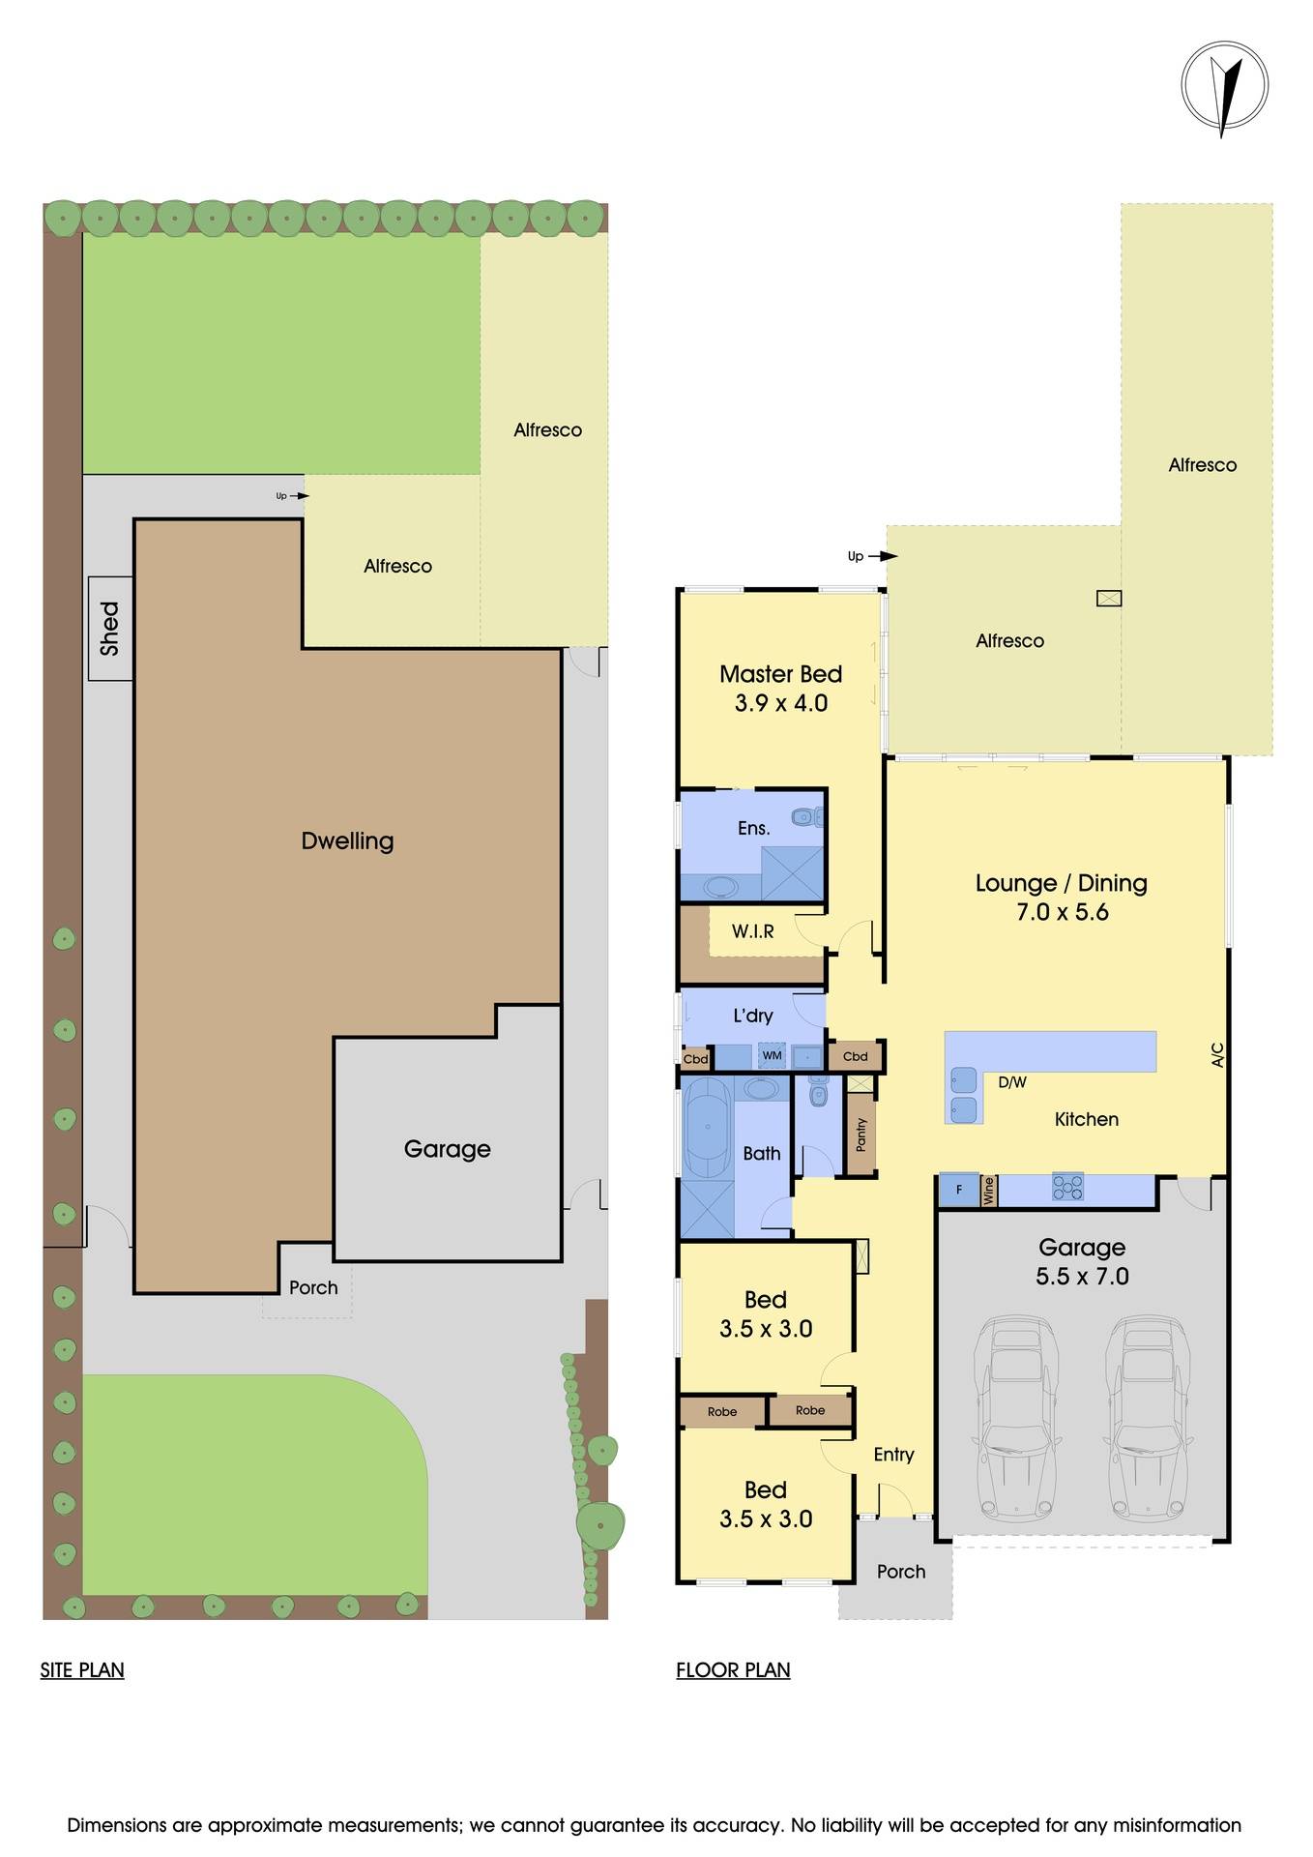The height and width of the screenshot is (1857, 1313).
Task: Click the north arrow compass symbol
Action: pos(1224,87)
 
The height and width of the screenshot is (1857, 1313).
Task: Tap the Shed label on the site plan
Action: pos(110,628)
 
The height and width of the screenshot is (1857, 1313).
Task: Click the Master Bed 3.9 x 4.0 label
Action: pos(780,688)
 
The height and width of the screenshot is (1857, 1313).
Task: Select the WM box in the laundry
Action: pos(772,1055)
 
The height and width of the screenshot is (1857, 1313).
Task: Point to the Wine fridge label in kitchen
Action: pos(988,1190)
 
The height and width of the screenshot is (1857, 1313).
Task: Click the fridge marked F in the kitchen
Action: pos(959,1190)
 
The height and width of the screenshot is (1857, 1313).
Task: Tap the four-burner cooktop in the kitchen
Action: pos(1067,1187)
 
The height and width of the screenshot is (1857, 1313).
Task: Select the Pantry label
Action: pos(861,1134)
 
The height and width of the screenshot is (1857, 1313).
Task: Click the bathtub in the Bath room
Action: pos(708,1127)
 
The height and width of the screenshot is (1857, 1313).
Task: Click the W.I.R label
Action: pos(752,931)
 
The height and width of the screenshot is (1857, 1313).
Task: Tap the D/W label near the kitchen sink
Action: pos(1011,1082)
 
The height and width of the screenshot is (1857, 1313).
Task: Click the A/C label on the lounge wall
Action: pos(1217,1054)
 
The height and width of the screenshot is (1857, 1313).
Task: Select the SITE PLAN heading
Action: pos(82,1669)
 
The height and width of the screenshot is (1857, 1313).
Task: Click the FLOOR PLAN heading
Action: pos(733,1669)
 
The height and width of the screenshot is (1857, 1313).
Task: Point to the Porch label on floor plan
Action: pos(900,1572)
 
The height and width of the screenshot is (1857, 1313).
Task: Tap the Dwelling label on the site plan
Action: pos(347,840)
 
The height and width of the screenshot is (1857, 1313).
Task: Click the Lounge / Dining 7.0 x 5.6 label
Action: pos(1061,897)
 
